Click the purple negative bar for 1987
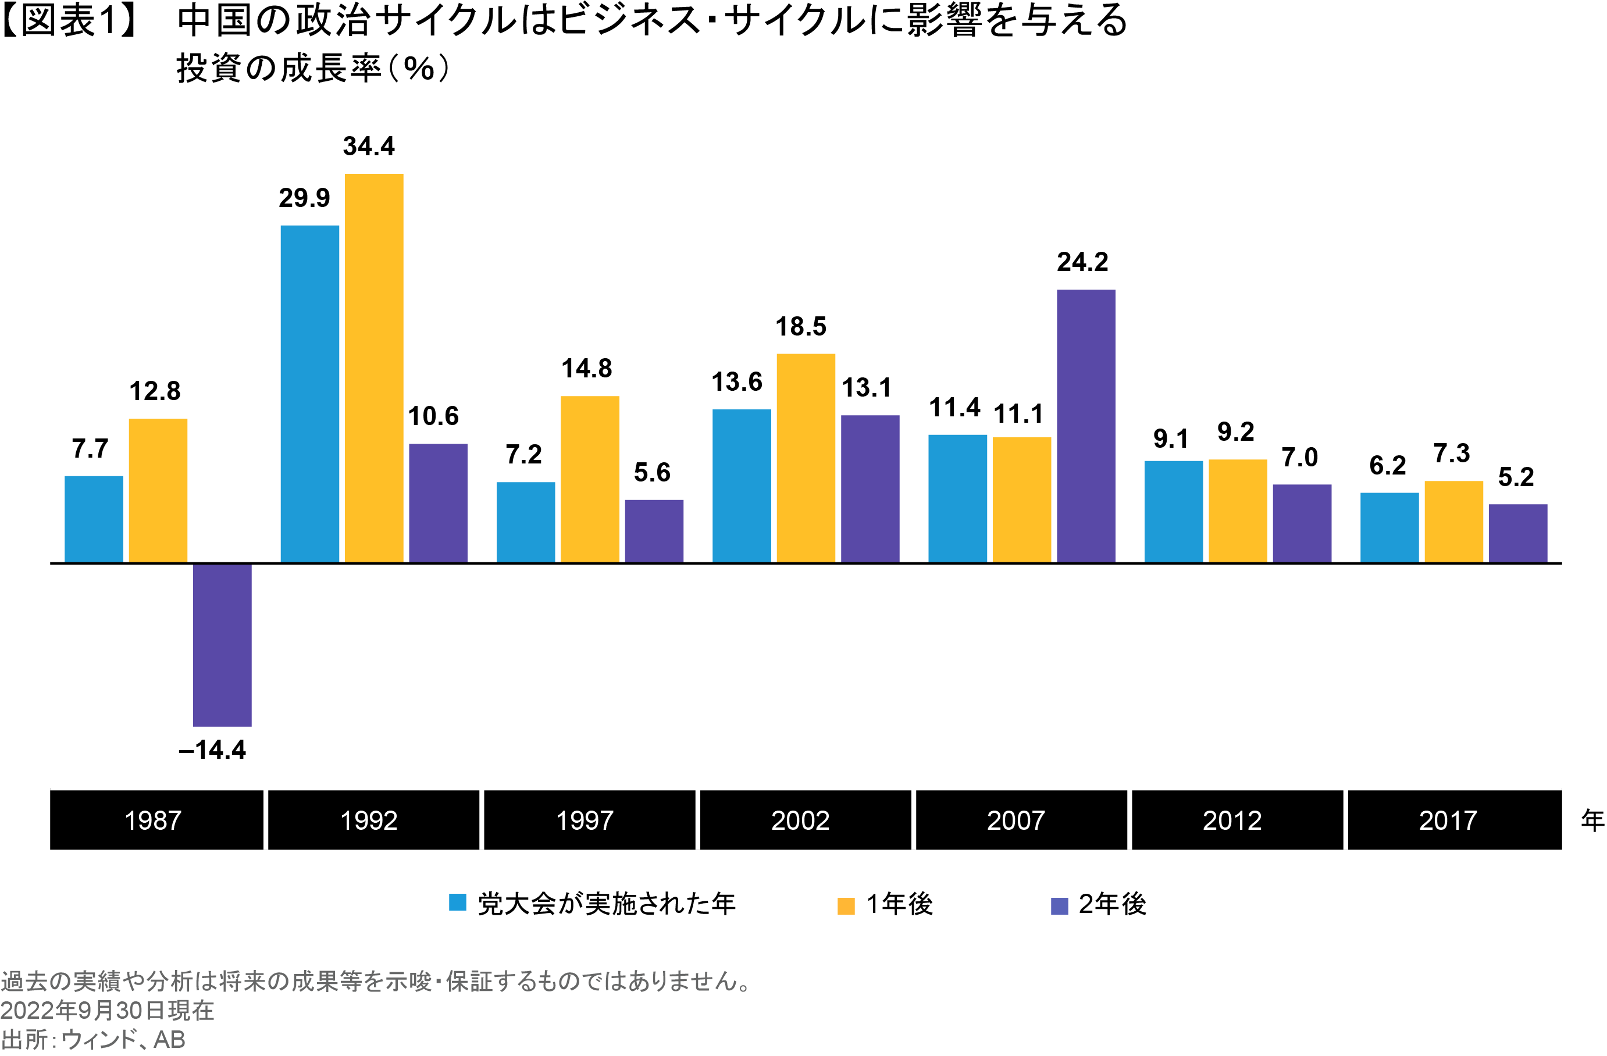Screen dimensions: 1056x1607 click(x=222, y=645)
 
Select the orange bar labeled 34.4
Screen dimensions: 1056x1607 click(x=374, y=368)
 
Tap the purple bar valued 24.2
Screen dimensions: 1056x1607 click(x=1086, y=426)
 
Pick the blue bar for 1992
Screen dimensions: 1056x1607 click(x=310, y=394)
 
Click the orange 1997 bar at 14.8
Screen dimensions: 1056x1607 click(x=589, y=479)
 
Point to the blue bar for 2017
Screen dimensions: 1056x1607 click(x=1389, y=527)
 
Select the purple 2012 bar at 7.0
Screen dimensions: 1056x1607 click(x=1302, y=523)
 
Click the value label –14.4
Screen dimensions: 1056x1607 click(x=212, y=750)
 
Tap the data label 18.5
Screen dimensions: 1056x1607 click(x=801, y=327)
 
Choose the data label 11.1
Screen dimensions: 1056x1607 click(x=1018, y=414)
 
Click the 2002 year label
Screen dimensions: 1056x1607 click(x=800, y=820)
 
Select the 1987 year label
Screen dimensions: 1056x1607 click(x=154, y=820)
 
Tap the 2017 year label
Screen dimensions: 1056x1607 click(x=1448, y=820)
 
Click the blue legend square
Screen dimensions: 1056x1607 click(x=458, y=902)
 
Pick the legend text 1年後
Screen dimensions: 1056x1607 click(x=899, y=904)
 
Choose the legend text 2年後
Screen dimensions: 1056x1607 click(x=1112, y=904)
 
